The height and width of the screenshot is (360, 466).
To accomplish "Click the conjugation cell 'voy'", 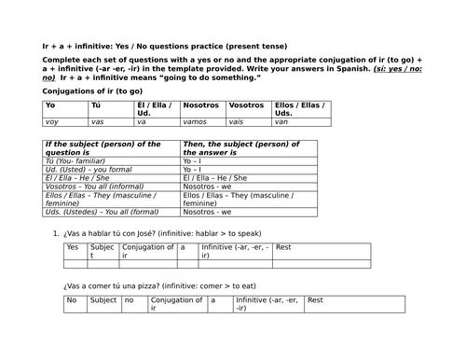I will pyautogui.click(x=52, y=122).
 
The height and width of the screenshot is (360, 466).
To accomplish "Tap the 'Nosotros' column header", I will pyautogui.click(x=201, y=105).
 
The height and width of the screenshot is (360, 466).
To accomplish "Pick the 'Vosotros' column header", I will pyautogui.click(x=246, y=105).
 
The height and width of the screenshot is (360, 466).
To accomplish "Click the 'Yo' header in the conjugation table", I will pyautogui.click(x=50, y=105).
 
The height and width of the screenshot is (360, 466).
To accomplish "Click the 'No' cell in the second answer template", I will pyautogui.click(x=72, y=300).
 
